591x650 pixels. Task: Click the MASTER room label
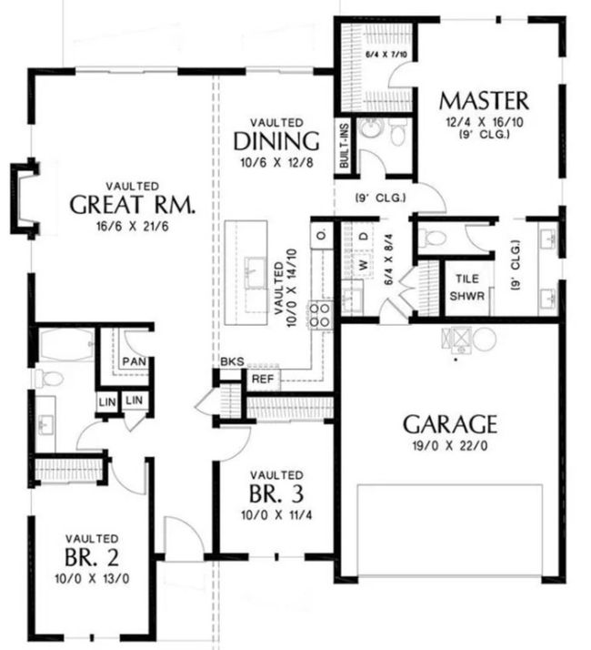click(x=484, y=101)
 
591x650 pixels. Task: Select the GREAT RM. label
click(x=132, y=204)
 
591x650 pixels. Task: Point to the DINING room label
click(x=276, y=141)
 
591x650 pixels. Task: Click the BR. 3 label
click(x=276, y=493)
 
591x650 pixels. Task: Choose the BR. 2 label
click(x=92, y=557)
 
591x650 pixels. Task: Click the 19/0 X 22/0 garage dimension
click(x=450, y=446)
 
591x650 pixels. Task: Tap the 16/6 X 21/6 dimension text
click(x=132, y=227)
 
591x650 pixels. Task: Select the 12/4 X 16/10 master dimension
click(x=484, y=122)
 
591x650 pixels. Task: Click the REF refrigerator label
click(x=263, y=379)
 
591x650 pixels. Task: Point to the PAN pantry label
click(x=135, y=361)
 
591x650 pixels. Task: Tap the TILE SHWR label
click(x=467, y=288)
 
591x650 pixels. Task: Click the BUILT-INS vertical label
click(x=344, y=147)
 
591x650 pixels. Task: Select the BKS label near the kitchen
click(x=232, y=361)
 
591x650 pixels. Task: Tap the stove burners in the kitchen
click(x=320, y=316)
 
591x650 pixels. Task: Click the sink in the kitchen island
click(x=255, y=272)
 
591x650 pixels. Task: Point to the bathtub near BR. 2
click(x=66, y=345)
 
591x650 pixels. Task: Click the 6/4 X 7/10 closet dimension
click(x=386, y=55)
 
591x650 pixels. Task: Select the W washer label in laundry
click(x=364, y=264)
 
